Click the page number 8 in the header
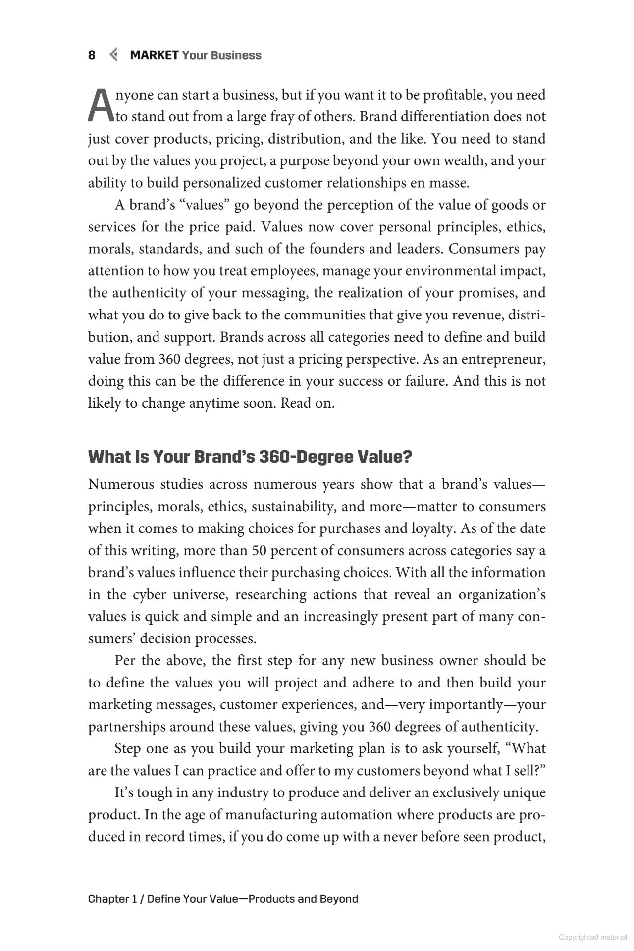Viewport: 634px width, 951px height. coord(92,55)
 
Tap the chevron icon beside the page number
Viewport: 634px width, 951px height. coord(113,55)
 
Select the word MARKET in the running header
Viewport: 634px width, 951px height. coord(154,55)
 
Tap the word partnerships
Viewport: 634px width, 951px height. coord(127,727)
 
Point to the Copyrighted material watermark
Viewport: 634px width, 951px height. coord(592,937)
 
